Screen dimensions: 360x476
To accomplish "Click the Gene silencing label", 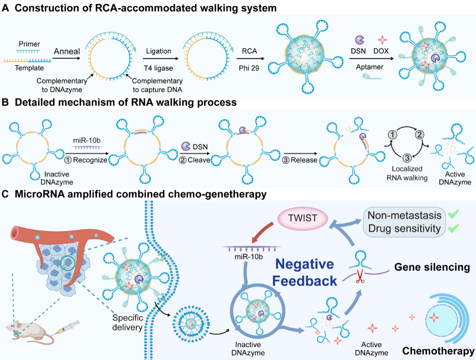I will tap(432, 267).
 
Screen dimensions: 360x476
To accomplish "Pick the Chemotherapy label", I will tap(438, 351).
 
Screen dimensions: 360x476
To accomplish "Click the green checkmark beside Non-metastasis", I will tap(452, 215).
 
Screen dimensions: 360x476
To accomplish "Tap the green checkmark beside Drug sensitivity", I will tap(452, 228).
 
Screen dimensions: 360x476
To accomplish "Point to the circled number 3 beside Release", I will tap(286, 160).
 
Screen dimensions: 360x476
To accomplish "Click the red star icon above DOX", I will tap(382, 40).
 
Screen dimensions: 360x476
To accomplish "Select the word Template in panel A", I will tap(29, 68).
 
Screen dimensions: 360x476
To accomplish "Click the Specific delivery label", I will tap(128, 323).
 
